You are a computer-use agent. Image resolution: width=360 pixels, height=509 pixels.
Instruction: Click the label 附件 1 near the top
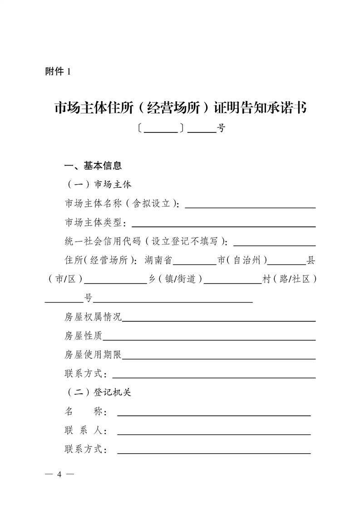[58, 72]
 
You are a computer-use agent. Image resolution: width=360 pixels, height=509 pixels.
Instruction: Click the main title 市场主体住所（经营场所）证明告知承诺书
[180, 108]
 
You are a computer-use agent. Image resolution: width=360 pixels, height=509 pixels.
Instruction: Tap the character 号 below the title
[221, 128]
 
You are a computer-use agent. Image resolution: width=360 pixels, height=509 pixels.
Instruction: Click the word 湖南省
[158, 260]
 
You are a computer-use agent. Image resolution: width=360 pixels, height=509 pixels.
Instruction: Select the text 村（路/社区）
[289, 279]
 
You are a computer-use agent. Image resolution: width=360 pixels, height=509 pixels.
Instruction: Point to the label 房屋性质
[84, 336]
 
